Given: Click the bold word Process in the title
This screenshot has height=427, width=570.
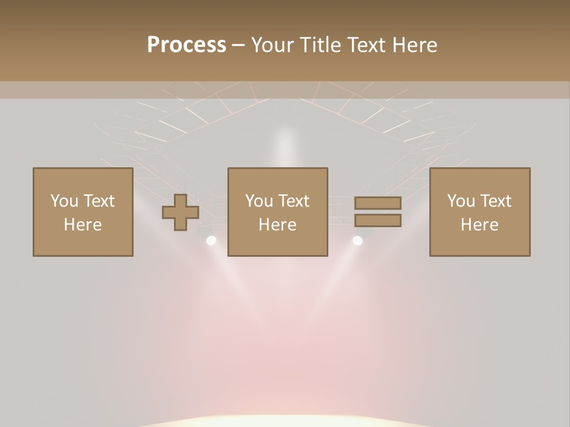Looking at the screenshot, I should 186,45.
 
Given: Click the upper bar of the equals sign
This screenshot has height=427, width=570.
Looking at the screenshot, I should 378,203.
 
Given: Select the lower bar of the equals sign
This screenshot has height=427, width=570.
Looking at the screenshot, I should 378,221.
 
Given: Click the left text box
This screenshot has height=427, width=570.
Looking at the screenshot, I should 83,212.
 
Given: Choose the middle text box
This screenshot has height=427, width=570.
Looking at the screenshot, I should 278,212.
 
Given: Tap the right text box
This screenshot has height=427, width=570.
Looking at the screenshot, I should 480,212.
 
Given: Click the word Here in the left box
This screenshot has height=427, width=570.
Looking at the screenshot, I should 83,225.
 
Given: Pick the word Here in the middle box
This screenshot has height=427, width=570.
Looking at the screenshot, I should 278,225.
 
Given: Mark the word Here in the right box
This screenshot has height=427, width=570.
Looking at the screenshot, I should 480,225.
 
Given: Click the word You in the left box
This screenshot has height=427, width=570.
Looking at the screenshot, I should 64,201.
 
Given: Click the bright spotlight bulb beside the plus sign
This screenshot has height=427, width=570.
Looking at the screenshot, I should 211,240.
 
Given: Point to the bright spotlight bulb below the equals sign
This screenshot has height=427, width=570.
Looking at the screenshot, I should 357,240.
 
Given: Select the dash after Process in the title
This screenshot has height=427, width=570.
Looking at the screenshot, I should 239,46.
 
